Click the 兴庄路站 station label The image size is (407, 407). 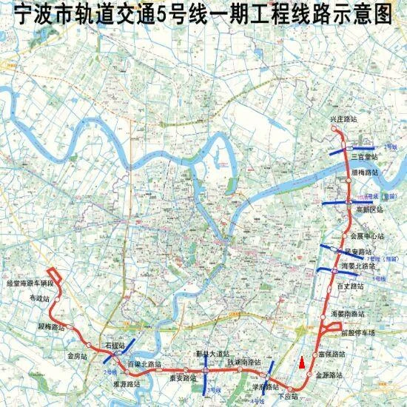343,118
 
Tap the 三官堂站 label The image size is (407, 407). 364,157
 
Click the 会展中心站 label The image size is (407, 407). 366,236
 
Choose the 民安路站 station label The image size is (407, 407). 359,252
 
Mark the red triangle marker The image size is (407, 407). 301,363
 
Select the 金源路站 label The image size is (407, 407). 330,375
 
